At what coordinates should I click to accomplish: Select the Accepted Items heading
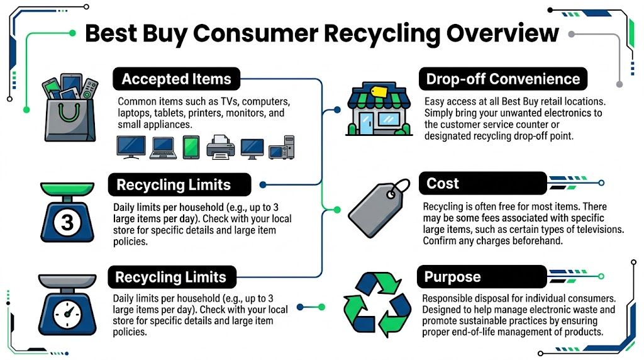pyautogui.click(x=176, y=79)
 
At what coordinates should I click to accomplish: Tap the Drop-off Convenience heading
pyautogui.click(x=502, y=79)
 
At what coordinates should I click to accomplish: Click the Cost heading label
pyautogui.click(x=443, y=184)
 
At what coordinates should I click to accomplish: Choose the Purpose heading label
pyautogui.click(x=452, y=277)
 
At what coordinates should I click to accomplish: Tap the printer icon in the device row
pyautogui.click(x=220, y=147)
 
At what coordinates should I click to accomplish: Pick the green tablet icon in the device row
pyautogui.click(x=191, y=147)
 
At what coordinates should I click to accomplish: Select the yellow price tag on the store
pyautogui.click(x=379, y=92)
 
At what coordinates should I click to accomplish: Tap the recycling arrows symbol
pyautogui.click(x=376, y=304)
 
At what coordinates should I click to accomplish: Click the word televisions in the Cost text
pyautogui.click(x=592, y=230)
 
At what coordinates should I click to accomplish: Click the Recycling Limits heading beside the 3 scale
pyautogui.click(x=174, y=185)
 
